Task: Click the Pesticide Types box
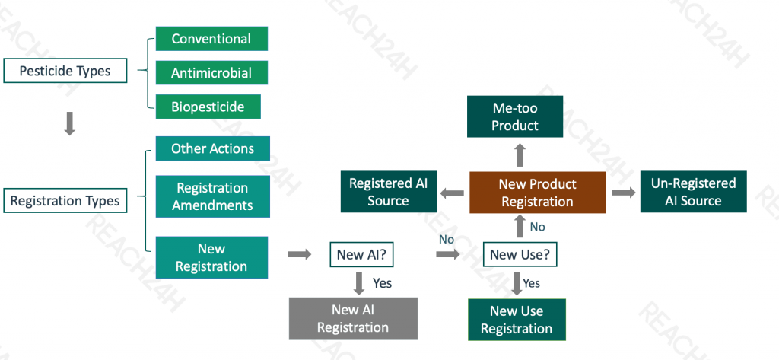[65, 71]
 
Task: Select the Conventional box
[211, 39]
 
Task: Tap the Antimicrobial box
[211, 72]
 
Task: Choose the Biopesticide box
[208, 107]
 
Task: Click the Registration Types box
[65, 201]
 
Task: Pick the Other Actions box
[213, 148]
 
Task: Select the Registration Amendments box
[213, 196]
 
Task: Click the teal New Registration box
[211, 257]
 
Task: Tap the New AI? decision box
[361, 254]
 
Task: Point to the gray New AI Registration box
[353, 319]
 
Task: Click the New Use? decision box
[520, 254]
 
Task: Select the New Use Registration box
[517, 320]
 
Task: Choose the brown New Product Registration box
[538, 193]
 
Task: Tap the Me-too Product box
[515, 116]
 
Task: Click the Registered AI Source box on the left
[389, 192]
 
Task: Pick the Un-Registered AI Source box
[694, 192]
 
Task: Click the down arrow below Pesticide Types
[70, 123]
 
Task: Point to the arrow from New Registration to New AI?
[299, 254]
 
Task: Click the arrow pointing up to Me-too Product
[520, 155]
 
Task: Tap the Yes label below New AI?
[382, 283]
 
